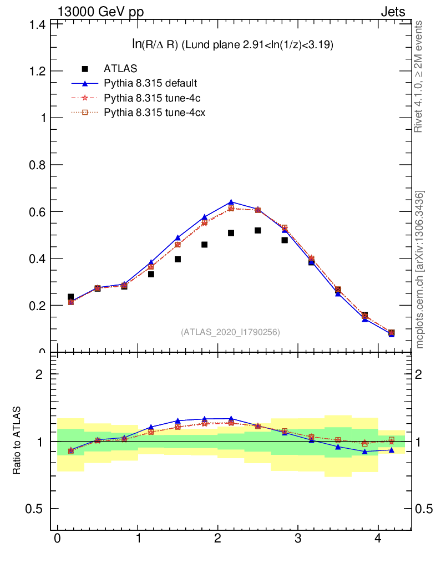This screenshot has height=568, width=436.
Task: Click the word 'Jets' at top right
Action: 392,12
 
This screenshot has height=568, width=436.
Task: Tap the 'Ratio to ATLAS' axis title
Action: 17,440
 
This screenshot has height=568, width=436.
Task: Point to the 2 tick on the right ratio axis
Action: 423,374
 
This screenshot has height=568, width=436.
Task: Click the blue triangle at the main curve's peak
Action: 231,202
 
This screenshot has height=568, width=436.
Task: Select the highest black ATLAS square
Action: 258,230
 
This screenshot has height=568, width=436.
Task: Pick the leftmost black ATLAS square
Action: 70,297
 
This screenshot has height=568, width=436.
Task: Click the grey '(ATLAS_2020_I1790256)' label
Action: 230,332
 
